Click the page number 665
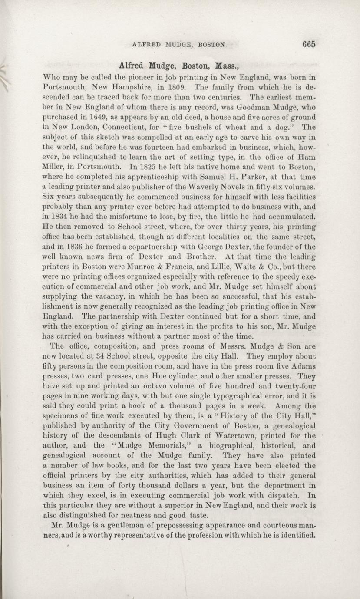[307, 44]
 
